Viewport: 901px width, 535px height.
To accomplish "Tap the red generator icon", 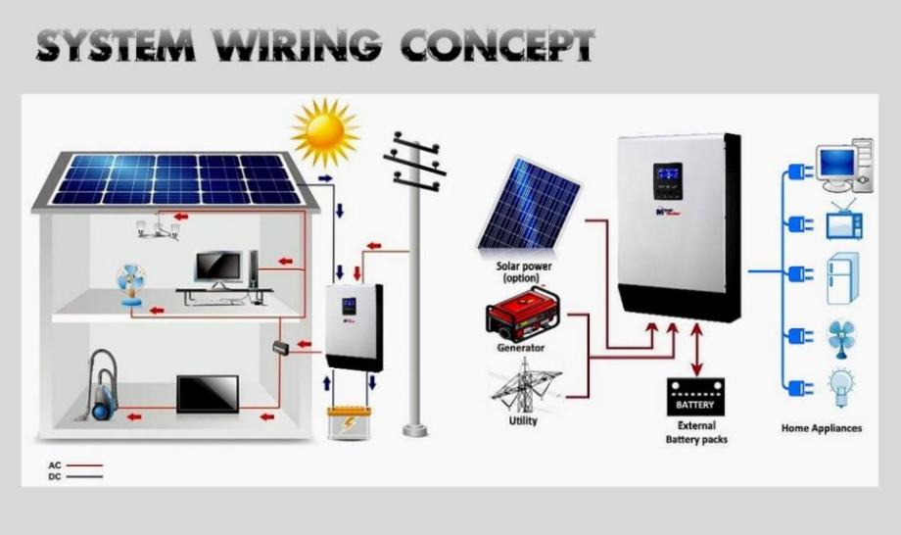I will [524, 314].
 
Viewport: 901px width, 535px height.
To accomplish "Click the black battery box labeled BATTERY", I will [695, 398].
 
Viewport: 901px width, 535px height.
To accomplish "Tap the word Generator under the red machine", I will [521, 348].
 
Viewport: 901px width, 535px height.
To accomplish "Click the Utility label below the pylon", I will [523, 420].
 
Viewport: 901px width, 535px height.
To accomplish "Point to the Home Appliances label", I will [821, 428].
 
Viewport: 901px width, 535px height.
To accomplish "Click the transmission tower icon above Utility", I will [525, 387].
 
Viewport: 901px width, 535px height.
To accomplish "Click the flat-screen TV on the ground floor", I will [207, 394].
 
